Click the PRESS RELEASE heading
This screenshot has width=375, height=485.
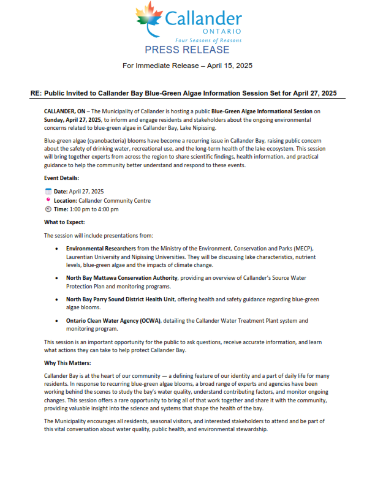(187, 50)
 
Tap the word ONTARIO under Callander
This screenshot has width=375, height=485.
(221, 31)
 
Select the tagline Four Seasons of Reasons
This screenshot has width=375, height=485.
(213, 40)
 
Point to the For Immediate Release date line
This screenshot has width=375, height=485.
(187, 65)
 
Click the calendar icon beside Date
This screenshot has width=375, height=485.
(48, 191)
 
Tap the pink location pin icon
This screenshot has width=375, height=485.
(48, 200)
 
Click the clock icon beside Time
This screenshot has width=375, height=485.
(48, 209)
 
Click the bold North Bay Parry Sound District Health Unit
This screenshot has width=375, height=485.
(121, 299)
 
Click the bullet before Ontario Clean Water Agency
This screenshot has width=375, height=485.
(57, 320)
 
